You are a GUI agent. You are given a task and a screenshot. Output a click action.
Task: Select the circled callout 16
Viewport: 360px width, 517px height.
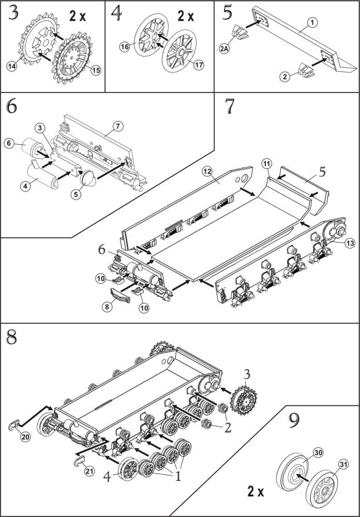coord(125,47)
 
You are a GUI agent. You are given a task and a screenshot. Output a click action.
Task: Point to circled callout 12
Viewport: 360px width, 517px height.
coord(207,172)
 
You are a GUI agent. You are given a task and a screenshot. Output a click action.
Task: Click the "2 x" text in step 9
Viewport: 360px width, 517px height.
coord(257,491)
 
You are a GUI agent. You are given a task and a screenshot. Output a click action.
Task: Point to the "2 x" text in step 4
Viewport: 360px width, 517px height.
coord(186,16)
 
